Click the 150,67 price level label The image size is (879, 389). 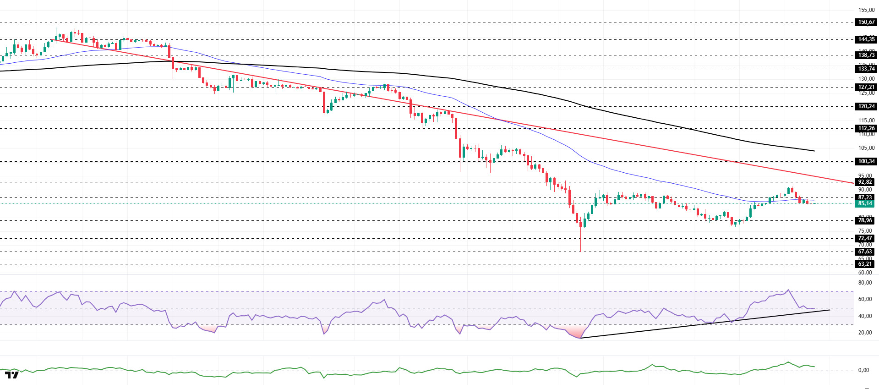[866, 22]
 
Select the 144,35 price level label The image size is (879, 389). [866, 39]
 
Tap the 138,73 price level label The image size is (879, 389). [866, 55]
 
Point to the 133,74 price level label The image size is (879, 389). [866, 69]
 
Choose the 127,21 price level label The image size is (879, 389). [866, 87]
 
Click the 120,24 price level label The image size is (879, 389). [866, 106]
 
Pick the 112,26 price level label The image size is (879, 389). [866, 128]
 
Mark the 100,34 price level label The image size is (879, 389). [866, 161]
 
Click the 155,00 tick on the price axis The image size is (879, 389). [866, 10]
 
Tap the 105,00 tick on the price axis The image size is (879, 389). [866, 148]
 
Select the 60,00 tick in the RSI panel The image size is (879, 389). [865, 299]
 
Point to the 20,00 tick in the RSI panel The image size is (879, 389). [865, 333]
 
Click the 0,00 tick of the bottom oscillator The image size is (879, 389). [863, 370]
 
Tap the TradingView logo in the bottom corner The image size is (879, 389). [12, 375]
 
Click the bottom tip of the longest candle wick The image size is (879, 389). [580, 251]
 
